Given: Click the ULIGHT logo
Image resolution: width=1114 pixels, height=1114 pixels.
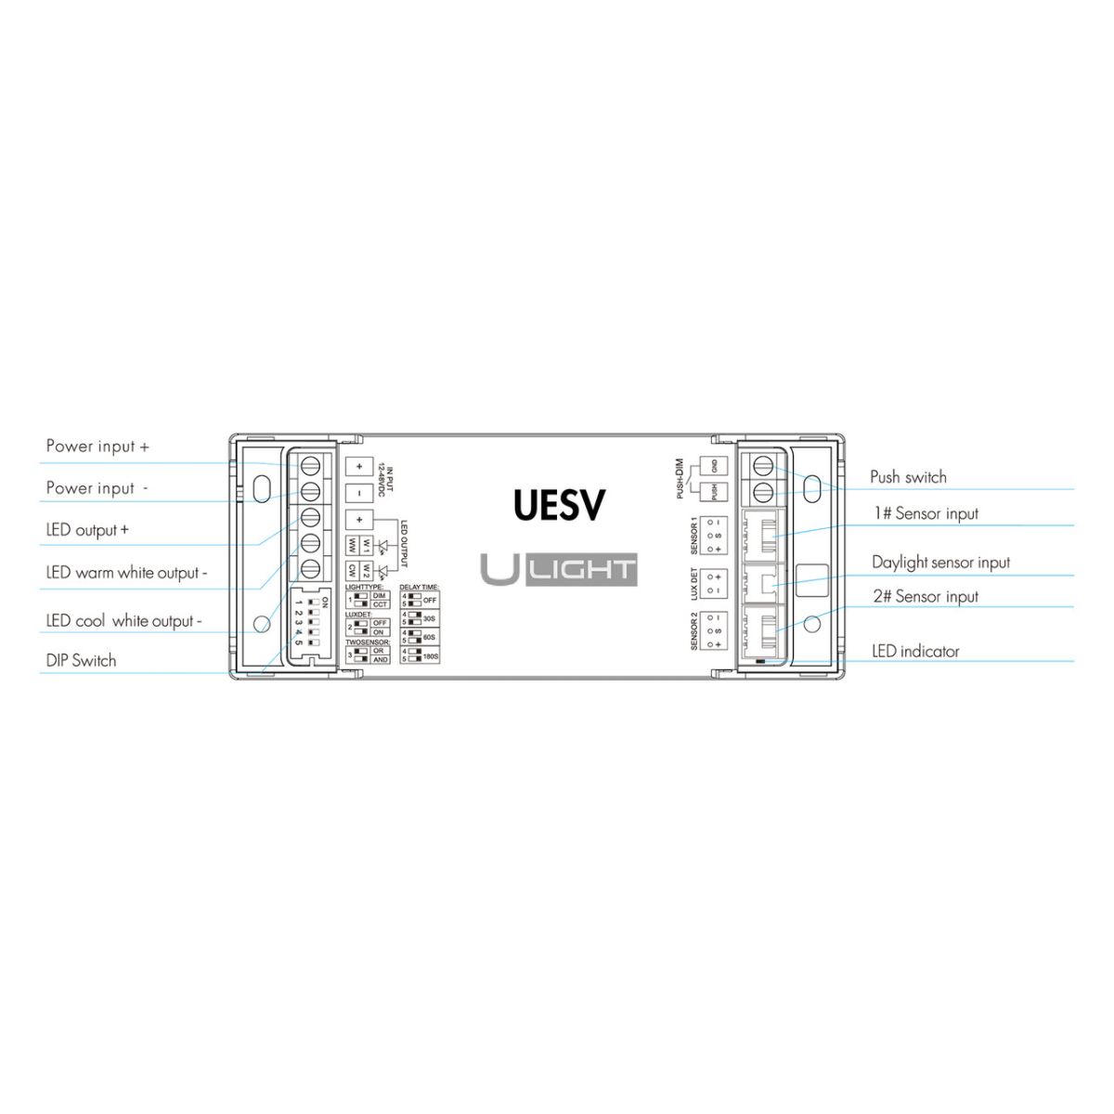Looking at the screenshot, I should [559, 570].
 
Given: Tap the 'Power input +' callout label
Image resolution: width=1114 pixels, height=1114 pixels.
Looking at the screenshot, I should [97, 447].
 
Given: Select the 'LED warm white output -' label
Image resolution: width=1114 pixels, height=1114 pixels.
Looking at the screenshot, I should [126, 573].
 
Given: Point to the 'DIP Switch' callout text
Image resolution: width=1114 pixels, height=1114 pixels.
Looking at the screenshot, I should [82, 661].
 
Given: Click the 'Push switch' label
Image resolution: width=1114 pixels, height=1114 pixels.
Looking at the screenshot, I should [908, 477].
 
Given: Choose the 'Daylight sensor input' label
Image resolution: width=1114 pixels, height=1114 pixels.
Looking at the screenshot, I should [940, 563].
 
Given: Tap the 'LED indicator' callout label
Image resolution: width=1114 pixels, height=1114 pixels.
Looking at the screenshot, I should [915, 652].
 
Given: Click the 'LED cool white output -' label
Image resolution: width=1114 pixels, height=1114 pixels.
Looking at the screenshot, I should [123, 621].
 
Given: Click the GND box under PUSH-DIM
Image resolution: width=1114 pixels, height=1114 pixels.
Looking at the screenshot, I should [713, 465].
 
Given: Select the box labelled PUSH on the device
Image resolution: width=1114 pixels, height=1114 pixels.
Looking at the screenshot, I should [713, 492].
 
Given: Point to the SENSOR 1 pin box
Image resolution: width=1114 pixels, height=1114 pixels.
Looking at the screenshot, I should [714, 536].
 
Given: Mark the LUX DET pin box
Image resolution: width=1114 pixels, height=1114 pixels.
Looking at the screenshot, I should [714, 583].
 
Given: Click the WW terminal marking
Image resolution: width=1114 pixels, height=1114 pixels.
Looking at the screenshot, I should [353, 545].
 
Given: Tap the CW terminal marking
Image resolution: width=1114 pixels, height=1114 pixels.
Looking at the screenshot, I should [353, 571].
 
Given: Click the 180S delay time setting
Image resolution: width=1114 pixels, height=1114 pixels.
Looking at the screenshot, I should [429, 656].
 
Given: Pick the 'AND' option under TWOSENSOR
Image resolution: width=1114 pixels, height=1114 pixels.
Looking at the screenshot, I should [380, 659].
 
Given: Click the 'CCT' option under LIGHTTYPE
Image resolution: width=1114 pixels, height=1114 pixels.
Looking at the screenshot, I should [380, 604].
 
